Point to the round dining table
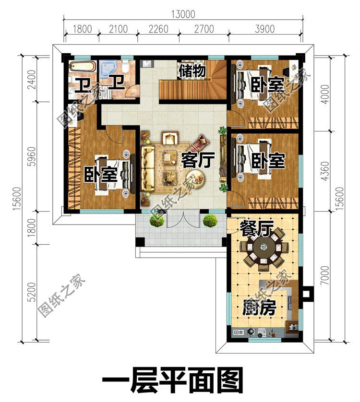coord(264,249)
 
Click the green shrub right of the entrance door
coord(209,221)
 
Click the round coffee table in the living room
coord(197,178)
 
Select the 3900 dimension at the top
coord(265,29)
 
